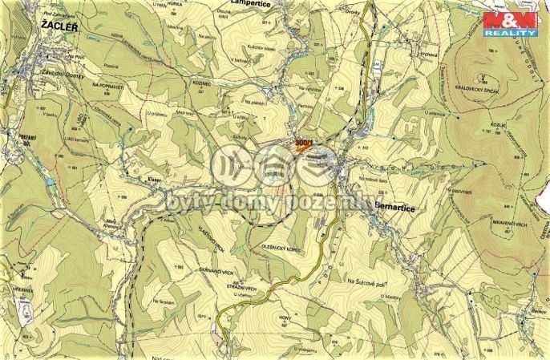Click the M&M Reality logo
pyautogui.click(x=511, y=24)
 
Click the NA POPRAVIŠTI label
pyautogui.click(x=107, y=84)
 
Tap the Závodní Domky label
pyautogui.click(x=54, y=73)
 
